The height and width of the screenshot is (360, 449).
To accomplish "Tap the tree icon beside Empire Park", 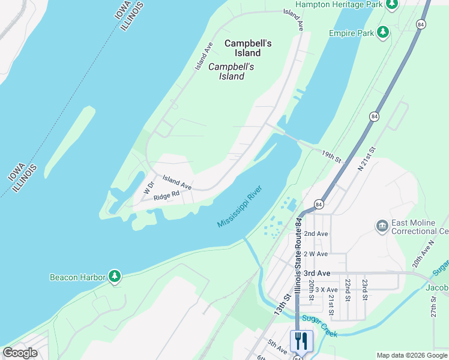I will click(x=383, y=32).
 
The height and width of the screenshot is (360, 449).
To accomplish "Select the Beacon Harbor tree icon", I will click(x=114, y=277).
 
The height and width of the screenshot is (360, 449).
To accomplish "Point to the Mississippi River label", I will click(x=240, y=207).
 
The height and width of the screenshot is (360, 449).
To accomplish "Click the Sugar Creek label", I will click(x=320, y=326).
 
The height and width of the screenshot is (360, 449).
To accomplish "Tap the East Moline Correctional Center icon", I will click(x=382, y=226).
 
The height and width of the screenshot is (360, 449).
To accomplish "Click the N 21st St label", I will click(x=366, y=159).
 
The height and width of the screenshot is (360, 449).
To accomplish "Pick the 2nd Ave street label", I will click(x=316, y=233).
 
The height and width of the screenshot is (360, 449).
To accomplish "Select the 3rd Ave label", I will click(x=317, y=273).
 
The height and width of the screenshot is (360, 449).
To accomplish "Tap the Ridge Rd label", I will click(x=166, y=196).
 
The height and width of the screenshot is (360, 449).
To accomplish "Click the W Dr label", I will click(x=149, y=188).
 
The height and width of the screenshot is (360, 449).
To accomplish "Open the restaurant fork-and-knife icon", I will click(x=301, y=341).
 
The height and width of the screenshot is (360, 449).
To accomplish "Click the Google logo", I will click(x=20, y=353).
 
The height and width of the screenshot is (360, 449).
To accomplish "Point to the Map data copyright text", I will click(x=411, y=355).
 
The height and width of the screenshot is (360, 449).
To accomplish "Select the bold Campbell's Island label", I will click(x=248, y=49).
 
